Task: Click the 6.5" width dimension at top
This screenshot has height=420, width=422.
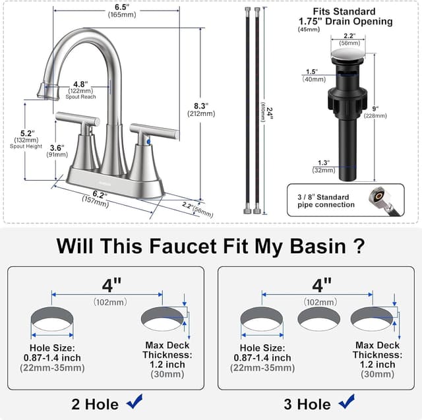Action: coord(121,7)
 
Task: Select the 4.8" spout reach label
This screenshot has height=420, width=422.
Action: coord(80,84)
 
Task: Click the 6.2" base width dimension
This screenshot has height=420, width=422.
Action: coord(99,195)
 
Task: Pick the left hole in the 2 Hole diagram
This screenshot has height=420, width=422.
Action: coord(53,320)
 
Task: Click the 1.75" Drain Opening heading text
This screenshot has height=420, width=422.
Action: coord(345,21)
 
